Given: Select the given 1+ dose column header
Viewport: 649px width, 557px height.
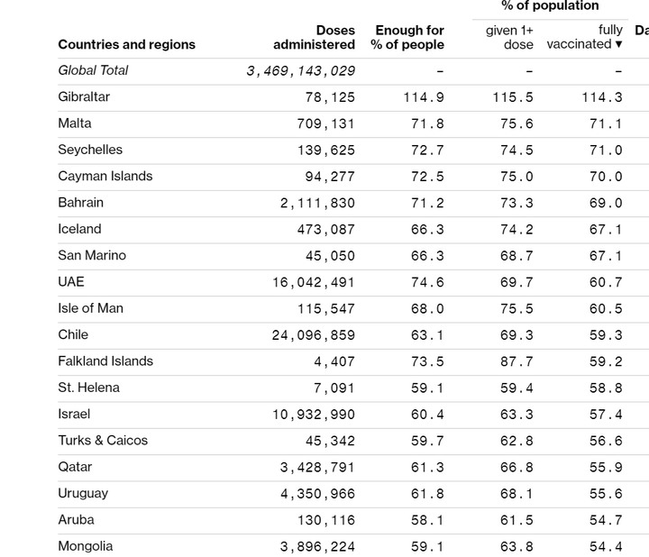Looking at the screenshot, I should (x=509, y=37).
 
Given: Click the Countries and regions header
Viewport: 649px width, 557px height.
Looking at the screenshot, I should (x=126, y=44).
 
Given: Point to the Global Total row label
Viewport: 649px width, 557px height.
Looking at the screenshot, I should (x=93, y=70).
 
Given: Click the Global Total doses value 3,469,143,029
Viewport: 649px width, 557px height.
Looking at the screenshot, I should (x=300, y=71).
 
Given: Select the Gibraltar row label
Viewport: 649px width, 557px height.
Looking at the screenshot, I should (x=84, y=96).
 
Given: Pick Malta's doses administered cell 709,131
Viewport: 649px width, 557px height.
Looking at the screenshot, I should (x=325, y=124).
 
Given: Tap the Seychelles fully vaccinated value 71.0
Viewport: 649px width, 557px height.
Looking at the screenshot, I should (x=606, y=151).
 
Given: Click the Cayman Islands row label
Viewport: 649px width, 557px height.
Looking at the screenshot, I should (x=105, y=176).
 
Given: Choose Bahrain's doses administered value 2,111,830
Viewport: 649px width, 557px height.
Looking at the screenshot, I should (x=317, y=204).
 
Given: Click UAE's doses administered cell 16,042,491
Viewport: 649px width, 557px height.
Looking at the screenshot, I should (x=314, y=283).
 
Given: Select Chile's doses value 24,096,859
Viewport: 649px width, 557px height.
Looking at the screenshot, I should (x=314, y=335).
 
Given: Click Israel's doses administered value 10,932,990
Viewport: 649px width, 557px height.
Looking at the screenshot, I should (x=314, y=415).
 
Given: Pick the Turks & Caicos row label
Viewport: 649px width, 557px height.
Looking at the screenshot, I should (x=103, y=441).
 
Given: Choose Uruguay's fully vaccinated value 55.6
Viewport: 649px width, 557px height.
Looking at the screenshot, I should (x=606, y=494).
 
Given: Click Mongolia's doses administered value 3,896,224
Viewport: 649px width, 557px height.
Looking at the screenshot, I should (x=317, y=547).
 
